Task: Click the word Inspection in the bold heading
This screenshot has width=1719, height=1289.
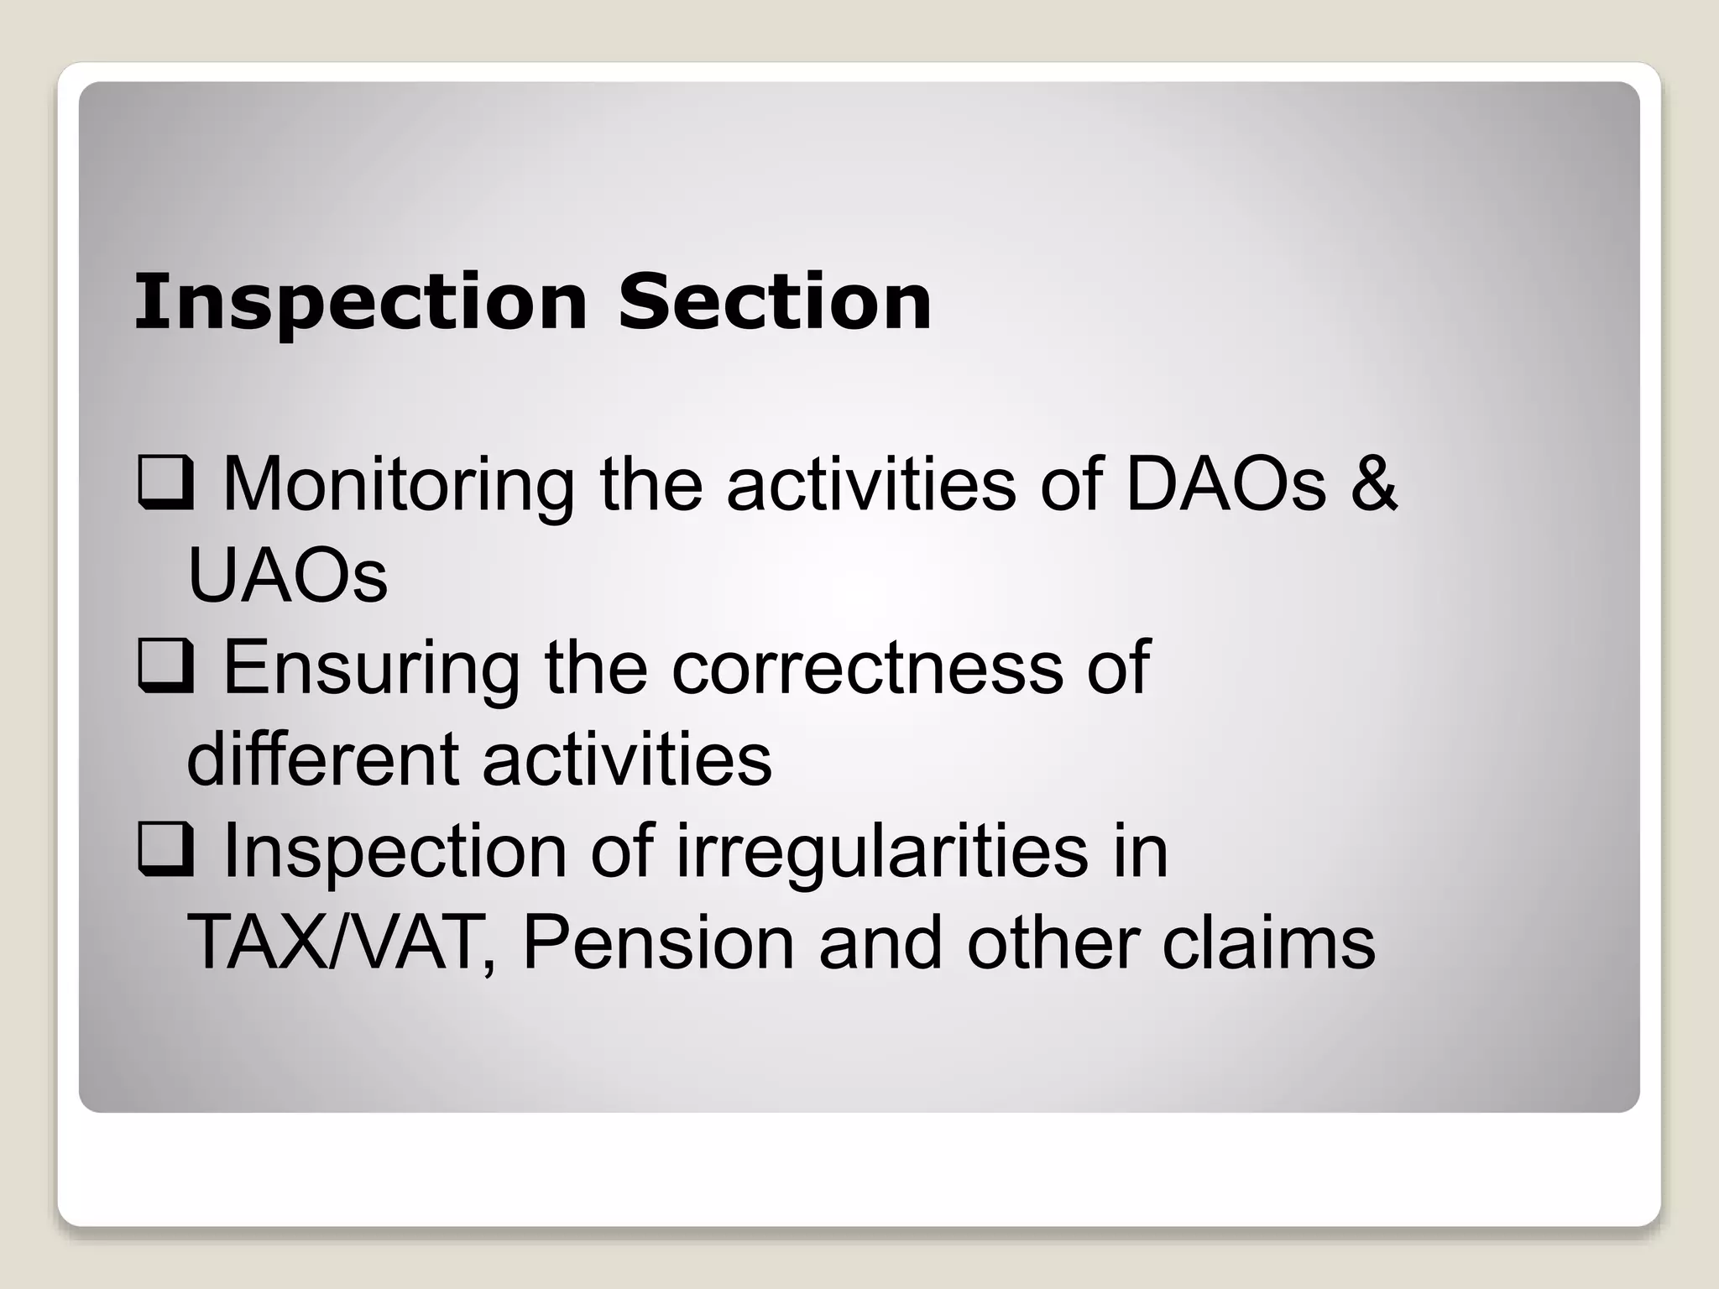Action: tap(361, 303)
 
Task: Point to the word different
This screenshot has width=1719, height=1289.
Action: tap(321, 759)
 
